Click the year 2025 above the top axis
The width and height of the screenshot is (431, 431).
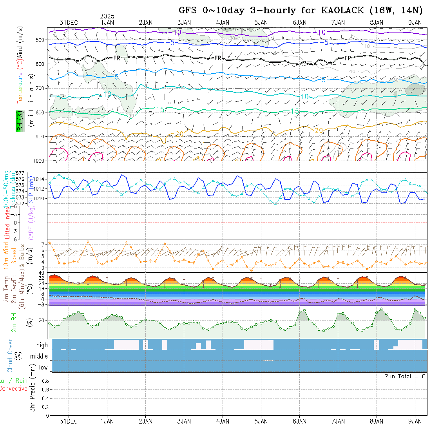(x=107, y=16)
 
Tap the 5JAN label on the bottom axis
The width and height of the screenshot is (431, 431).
(x=261, y=421)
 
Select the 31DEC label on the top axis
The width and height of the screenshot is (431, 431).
(x=69, y=22)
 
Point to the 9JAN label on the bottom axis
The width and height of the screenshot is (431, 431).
(x=415, y=421)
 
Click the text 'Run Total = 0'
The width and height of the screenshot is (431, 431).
(x=405, y=376)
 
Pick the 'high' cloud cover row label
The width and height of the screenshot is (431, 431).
(x=42, y=345)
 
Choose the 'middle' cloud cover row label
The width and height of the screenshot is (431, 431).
(x=39, y=357)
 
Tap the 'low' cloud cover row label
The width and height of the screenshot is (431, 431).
(x=43, y=368)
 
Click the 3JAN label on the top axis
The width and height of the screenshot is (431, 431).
(x=184, y=22)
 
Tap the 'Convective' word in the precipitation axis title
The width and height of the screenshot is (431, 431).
(x=14, y=389)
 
